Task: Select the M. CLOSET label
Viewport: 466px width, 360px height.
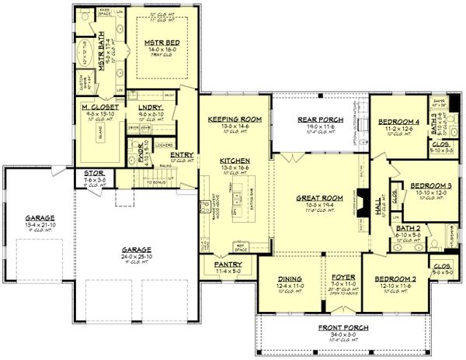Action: [x=100, y=106]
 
